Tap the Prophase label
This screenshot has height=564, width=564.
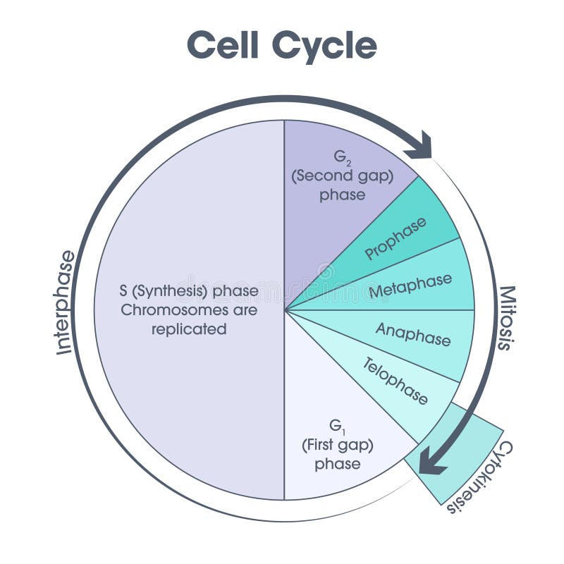[x=396, y=239]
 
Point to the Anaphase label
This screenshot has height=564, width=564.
[x=412, y=334]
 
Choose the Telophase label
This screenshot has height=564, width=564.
[x=395, y=381]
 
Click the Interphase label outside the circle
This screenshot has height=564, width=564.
[x=65, y=302]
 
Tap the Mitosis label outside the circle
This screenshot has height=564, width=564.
[x=505, y=317]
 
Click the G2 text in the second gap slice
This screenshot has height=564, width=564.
[x=343, y=157]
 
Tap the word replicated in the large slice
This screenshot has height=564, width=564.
[x=189, y=329]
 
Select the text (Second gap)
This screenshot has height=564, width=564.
[x=343, y=176]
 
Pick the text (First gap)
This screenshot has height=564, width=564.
[x=338, y=445]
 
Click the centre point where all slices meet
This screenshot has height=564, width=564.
[x=284, y=309]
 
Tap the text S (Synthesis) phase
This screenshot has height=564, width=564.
[x=189, y=290]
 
